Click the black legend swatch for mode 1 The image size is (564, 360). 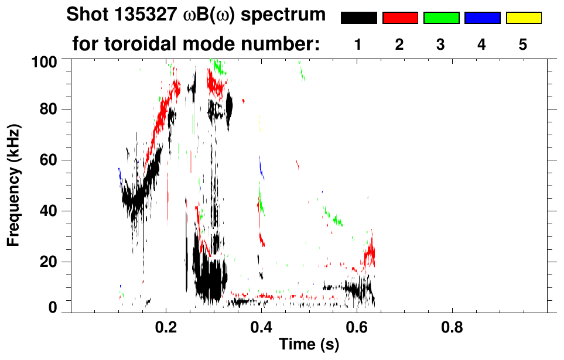click(x=359, y=18)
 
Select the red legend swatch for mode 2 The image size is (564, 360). click(x=400, y=18)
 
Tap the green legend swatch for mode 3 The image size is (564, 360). click(x=441, y=18)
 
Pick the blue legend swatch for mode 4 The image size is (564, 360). click(x=482, y=18)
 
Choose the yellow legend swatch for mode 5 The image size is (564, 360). click(x=523, y=18)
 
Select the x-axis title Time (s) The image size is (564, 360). click(x=309, y=345)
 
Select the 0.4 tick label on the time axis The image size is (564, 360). click(x=261, y=327)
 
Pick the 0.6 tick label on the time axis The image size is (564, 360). click(x=356, y=327)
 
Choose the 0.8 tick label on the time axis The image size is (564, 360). click(x=451, y=327)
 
